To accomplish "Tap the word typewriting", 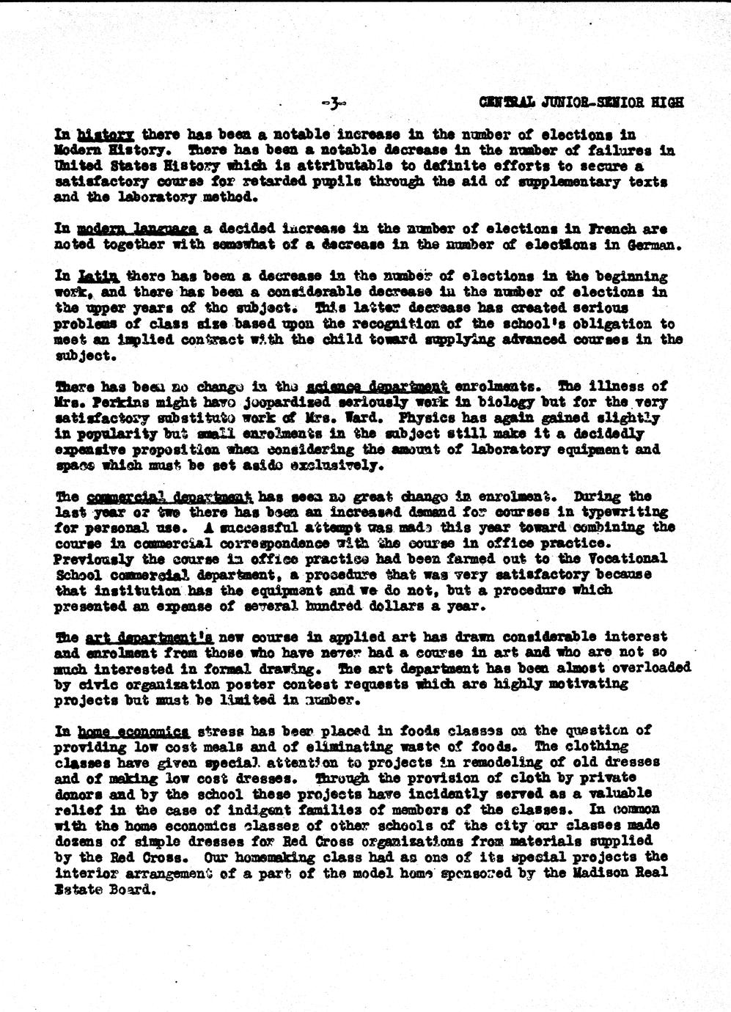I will point(630,512).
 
